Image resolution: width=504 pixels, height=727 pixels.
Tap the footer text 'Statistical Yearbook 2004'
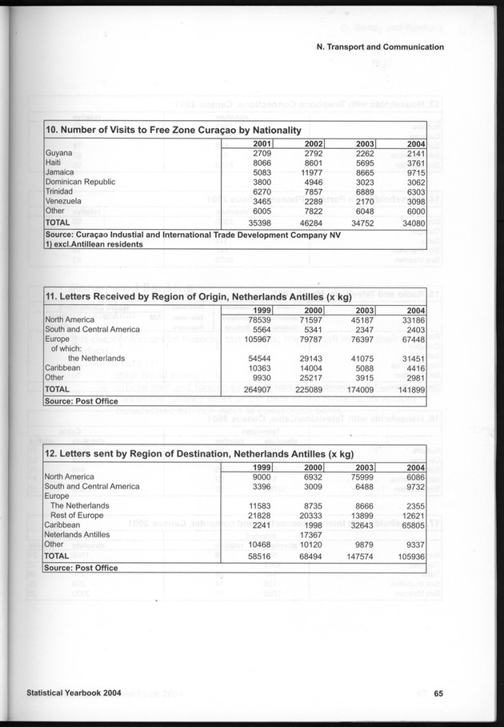pyautogui.click(x=74, y=693)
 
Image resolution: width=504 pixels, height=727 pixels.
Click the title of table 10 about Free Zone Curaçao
pyautogui.click(x=174, y=130)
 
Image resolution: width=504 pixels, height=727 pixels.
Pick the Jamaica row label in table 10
pyautogui.click(x=61, y=172)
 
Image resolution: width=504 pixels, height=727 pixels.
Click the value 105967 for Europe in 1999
pyautogui.click(x=257, y=339)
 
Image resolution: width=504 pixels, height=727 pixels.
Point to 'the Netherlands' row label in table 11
pyautogui.click(x=96, y=358)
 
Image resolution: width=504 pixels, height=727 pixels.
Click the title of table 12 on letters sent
pyautogui.click(x=199, y=454)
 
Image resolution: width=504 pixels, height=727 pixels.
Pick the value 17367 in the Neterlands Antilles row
pyautogui.click(x=309, y=534)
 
